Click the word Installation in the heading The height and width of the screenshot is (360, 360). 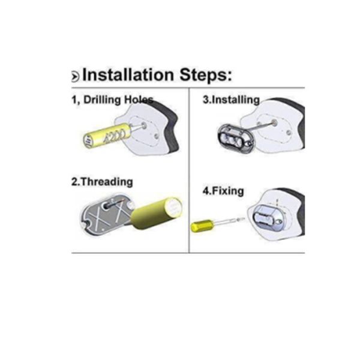coord(128,74)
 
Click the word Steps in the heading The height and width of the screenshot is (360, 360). coord(206,75)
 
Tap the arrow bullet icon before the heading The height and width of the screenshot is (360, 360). coord(75,76)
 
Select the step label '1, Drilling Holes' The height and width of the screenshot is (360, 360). coord(112,100)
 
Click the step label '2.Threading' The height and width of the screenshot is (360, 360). coord(102,182)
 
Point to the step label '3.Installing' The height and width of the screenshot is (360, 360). coord(231,100)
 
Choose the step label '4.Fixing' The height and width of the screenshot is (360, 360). coord(223,191)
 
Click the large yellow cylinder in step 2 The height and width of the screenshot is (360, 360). coord(157,213)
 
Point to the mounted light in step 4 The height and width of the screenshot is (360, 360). coord(269,218)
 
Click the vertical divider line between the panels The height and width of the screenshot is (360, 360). coord(189,170)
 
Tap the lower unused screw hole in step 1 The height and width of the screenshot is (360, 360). coord(157,136)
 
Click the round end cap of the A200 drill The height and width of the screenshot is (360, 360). coord(88,140)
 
